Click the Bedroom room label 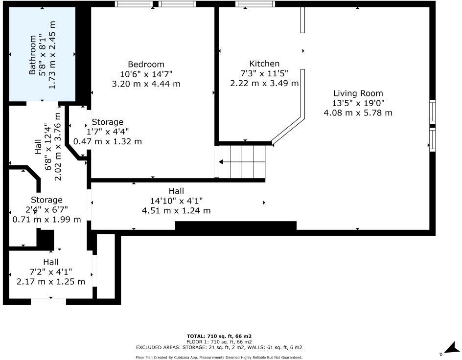click(146, 64)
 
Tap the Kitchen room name click(264, 64)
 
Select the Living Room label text click(358, 93)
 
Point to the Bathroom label click(32, 55)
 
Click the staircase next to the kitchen click(242, 162)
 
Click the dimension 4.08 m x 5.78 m click(358, 112)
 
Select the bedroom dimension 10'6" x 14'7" click(146, 74)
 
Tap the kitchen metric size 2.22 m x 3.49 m click(264, 83)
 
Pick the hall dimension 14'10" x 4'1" click(176, 201)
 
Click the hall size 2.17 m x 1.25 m click(50, 282)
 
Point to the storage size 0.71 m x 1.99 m click(46, 219)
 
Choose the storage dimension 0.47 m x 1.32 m click(108, 141)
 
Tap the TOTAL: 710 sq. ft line click(219, 336)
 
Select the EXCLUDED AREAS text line click(219, 347)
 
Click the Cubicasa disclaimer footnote click(219, 358)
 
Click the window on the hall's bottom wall click(48, 302)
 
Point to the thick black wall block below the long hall click(235, 225)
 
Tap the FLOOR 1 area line click(219, 341)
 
